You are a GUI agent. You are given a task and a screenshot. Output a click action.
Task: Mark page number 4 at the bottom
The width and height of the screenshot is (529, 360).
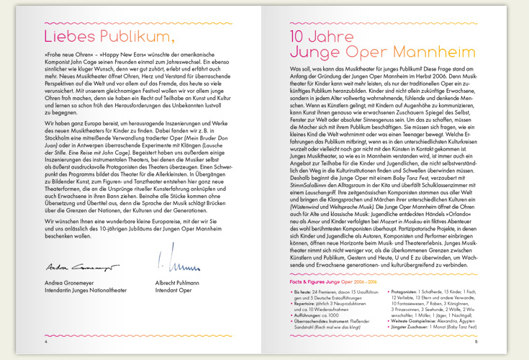point(45,341)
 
